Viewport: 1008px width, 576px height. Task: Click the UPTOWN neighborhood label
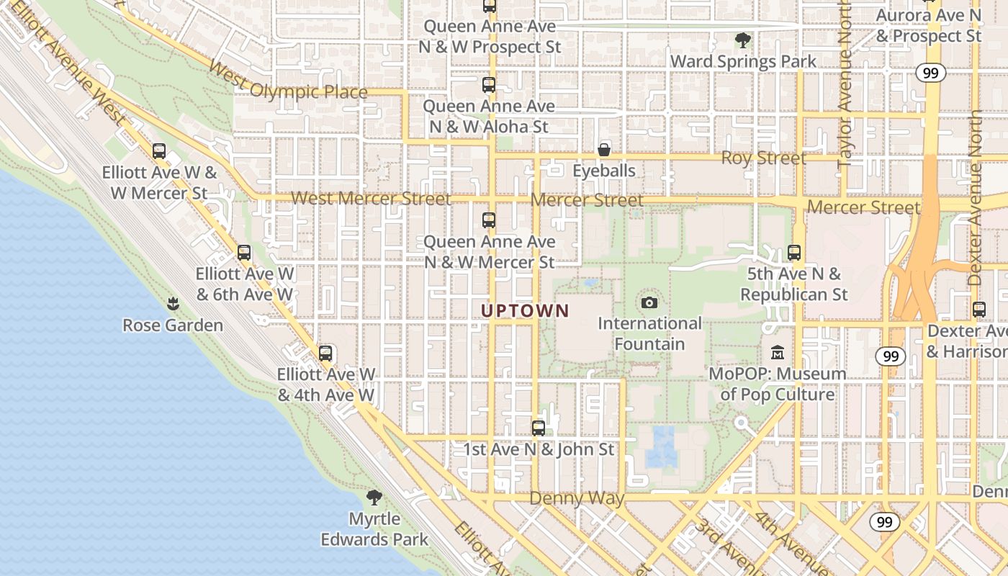point(525,311)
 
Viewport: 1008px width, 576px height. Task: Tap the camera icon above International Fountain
point(649,302)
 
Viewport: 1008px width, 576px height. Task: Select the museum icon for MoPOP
point(778,353)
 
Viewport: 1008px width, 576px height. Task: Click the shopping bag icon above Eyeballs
point(604,150)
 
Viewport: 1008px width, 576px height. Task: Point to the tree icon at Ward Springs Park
point(742,40)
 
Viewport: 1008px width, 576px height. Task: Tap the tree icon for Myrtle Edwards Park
point(374,497)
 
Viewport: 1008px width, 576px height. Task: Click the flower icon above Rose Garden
point(172,304)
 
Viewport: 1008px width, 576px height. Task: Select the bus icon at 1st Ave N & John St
point(538,428)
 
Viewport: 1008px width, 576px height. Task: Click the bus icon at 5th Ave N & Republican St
point(794,253)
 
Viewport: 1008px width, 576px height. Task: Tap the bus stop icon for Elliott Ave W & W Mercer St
point(159,151)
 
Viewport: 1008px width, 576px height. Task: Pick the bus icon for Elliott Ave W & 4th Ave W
point(325,354)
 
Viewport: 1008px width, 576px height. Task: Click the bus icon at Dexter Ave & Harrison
point(978,310)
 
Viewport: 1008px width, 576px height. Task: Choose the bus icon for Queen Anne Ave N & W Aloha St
point(489,85)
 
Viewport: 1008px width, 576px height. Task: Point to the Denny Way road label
point(577,498)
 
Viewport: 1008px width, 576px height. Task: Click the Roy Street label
point(763,158)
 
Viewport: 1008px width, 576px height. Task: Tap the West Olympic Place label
point(288,81)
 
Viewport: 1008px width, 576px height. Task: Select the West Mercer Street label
point(371,198)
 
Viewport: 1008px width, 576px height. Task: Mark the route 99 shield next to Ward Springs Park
point(930,72)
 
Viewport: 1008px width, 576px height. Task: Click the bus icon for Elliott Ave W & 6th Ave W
point(244,253)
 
